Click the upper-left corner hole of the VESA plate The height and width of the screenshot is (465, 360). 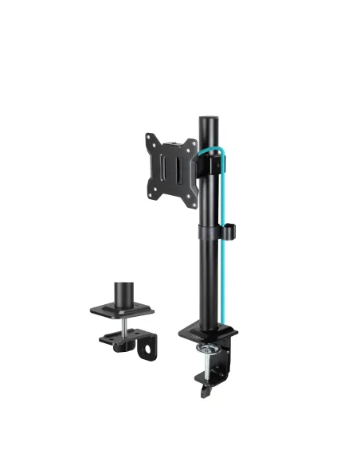[x=150, y=139]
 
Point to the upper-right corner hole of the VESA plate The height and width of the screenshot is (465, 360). [x=191, y=140]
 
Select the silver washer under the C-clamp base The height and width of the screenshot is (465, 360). [x=210, y=347]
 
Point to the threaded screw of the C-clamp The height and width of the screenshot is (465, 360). [x=211, y=366]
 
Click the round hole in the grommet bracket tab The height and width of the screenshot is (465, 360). [x=147, y=348]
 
